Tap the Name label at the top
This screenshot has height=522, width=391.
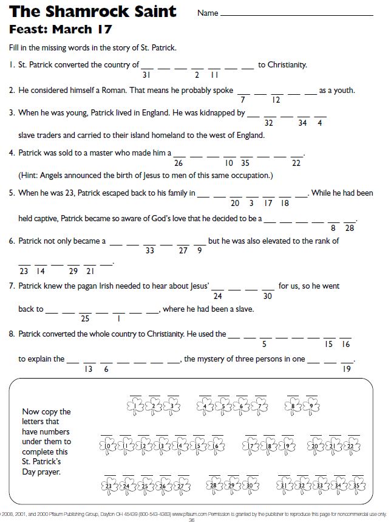208,13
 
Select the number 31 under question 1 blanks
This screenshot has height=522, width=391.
146,75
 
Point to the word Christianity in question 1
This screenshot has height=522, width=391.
287,64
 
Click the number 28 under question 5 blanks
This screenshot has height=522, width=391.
350,228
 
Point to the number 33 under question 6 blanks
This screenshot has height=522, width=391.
150,251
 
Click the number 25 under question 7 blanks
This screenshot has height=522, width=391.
85,318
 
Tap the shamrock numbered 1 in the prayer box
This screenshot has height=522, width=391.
137,405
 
